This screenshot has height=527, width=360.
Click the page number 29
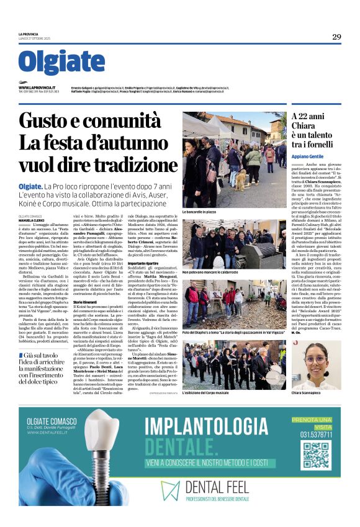336,37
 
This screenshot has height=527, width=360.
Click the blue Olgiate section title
61,62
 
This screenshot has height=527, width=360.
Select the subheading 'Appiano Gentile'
308,156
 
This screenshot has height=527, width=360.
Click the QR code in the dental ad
315,455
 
